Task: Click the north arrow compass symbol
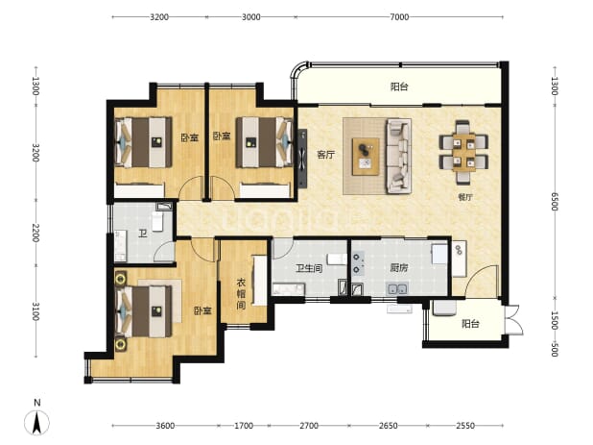36,421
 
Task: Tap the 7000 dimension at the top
399,17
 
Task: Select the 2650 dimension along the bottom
388,426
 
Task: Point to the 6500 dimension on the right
554,201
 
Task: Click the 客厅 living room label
325,155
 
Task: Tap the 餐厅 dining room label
465,197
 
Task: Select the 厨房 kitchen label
398,268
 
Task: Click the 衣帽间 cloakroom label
241,294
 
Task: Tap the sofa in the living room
398,156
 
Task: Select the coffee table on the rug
366,157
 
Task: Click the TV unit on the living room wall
302,159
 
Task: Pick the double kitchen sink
396,289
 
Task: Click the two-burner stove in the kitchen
357,263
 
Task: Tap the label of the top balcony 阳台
399,87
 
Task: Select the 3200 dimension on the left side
36,153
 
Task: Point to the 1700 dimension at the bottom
244,426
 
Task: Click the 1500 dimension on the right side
554,320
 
